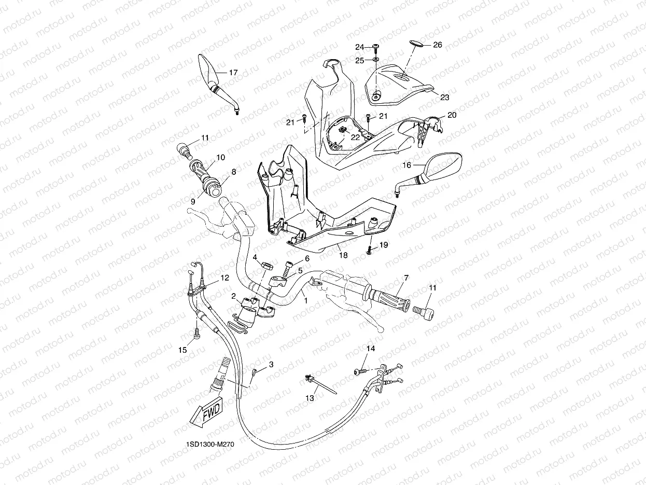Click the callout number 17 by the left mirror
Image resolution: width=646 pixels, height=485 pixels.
233,73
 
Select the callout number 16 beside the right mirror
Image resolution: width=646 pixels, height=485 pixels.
407,165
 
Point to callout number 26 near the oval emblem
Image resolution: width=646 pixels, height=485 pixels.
437,45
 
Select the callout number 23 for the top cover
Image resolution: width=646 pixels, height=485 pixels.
444,97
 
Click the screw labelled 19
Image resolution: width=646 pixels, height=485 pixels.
369,251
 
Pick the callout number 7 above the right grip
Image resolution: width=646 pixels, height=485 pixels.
406,278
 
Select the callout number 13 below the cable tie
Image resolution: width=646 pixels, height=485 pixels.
310,398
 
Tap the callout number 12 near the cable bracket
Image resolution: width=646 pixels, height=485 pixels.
224,278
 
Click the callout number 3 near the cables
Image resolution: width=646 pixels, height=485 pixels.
271,365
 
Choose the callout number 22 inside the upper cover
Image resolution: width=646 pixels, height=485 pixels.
355,137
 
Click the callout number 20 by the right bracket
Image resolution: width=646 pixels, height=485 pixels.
452,115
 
